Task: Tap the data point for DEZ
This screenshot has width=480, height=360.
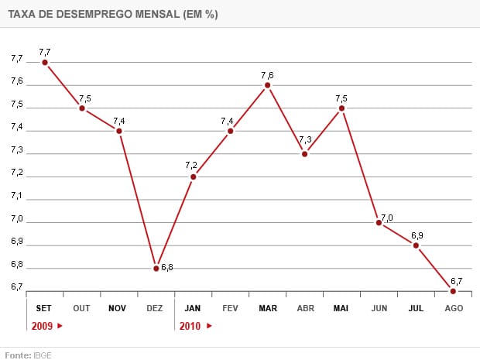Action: pyautogui.click(x=156, y=268)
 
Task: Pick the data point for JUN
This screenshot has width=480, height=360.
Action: pyautogui.click(x=379, y=222)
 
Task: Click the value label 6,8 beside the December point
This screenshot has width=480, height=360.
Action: pyautogui.click(x=167, y=267)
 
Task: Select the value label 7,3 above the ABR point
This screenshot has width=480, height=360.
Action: pyautogui.click(x=305, y=140)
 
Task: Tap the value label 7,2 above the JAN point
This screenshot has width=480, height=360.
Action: pyautogui.click(x=192, y=165)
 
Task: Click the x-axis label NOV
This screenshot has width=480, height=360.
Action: pyautogui.click(x=118, y=308)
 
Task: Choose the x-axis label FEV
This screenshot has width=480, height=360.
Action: pyautogui.click(x=230, y=308)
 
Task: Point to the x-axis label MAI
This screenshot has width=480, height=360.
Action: pyautogui.click(x=341, y=308)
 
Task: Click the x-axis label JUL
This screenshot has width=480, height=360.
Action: pyautogui.click(x=416, y=308)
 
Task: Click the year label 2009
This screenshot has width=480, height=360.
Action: pyautogui.click(x=43, y=326)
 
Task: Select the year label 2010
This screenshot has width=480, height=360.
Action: pyautogui.click(x=190, y=326)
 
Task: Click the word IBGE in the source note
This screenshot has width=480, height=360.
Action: pyautogui.click(x=43, y=355)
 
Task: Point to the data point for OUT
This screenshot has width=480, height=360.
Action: pyautogui.click(x=82, y=108)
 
